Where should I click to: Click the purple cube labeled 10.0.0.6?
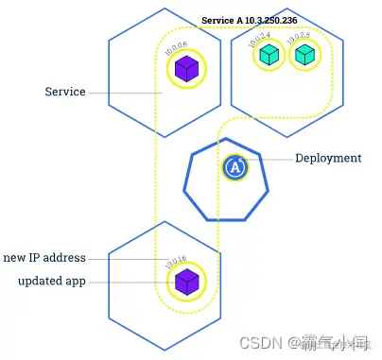186,69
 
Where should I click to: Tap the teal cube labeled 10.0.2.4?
268,57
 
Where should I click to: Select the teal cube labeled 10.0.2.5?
303,57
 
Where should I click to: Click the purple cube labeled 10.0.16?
186,281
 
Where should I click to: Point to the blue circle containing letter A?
234,167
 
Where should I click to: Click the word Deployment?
327,159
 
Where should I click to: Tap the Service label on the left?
65,92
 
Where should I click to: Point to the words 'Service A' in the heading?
223,20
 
